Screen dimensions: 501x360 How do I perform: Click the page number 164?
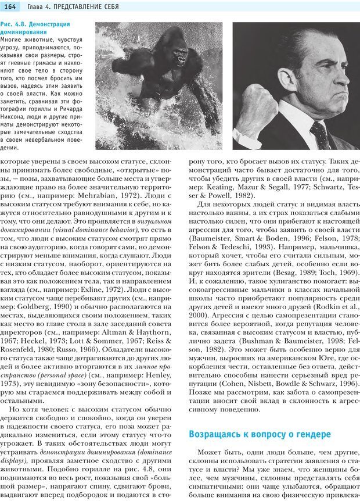click(x=12, y=6)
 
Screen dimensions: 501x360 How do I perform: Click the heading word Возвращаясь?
click(x=222, y=434)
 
